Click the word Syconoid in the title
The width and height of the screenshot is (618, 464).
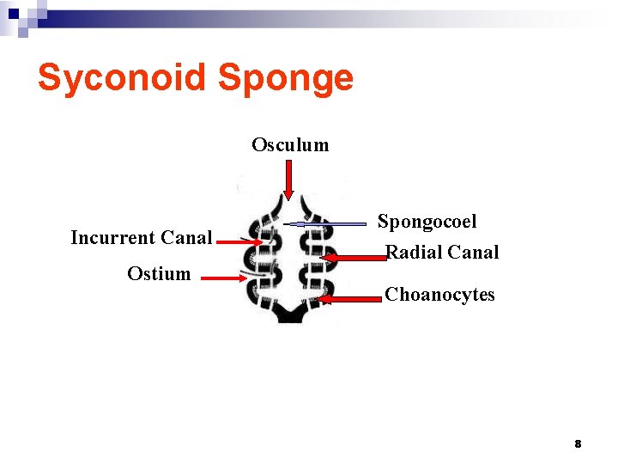click(122, 78)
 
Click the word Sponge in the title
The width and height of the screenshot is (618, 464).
click(286, 78)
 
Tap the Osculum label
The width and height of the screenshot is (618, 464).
click(290, 144)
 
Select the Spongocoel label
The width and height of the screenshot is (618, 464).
click(427, 222)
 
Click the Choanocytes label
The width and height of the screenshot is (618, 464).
click(440, 294)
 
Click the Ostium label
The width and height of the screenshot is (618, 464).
click(159, 274)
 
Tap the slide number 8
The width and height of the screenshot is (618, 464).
click(578, 443)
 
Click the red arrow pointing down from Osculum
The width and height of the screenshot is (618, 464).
click(289, 180)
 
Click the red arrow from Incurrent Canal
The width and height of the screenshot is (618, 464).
click(240, 243)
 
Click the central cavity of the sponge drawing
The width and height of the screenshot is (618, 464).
click(290, 258)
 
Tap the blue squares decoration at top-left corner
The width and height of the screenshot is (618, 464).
click(21, 15)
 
